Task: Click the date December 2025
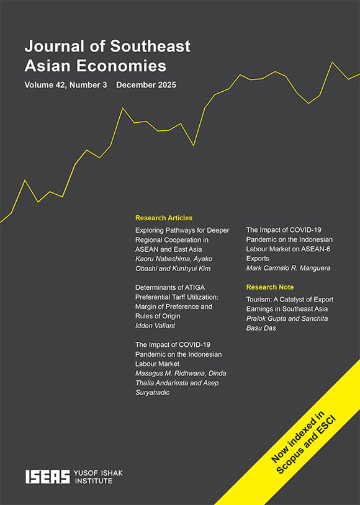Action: [146, 84]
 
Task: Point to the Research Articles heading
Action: [164, 218]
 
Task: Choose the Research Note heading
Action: [270, 287]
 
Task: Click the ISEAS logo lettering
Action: [47, 476]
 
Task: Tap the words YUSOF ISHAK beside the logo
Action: [98, 473]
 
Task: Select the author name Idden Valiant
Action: [156, 326]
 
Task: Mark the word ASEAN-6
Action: [317, 249]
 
